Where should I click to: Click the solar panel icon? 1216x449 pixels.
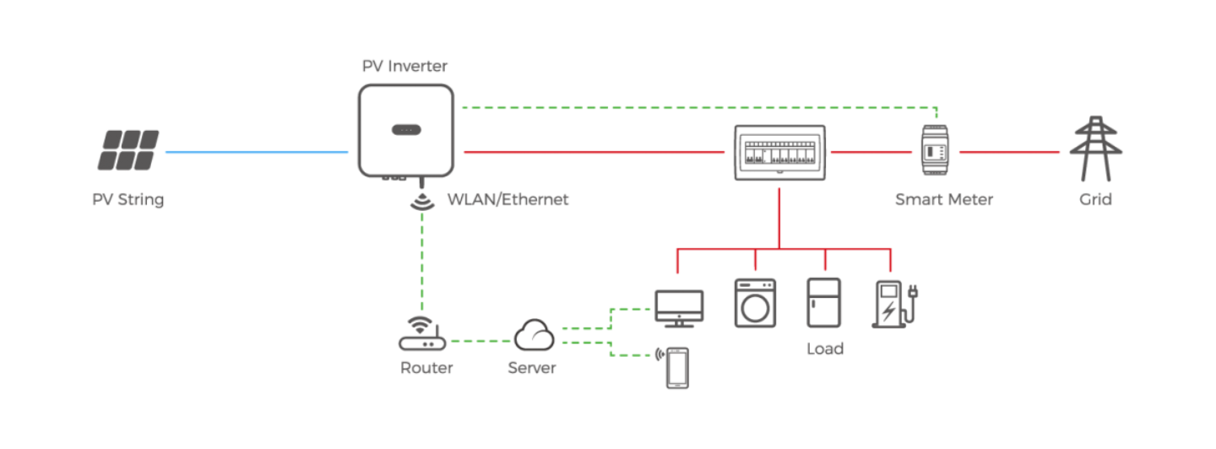[128, 150]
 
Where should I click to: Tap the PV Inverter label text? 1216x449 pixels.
[404, 66]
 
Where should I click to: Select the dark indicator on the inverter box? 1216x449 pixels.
[406, 130]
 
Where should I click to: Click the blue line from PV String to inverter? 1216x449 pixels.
[256, 152]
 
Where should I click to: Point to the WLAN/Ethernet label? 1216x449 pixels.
[508, 199]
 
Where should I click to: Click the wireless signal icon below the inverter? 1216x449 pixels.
[422, 201]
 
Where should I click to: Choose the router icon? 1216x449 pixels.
[422, 333]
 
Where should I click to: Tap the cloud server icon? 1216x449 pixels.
[535, 334]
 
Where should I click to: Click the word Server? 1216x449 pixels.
[531, 368]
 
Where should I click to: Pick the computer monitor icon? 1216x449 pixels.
[679, 309]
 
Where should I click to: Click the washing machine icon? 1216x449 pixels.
[755, 303]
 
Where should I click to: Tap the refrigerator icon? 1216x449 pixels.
[823, 303]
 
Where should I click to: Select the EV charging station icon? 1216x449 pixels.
[894, 304]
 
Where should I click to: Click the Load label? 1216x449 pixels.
[824, 349]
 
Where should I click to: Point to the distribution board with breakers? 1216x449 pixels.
[779, 153]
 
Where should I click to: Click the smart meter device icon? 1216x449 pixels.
[935, 150]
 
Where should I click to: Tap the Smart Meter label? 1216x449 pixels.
[944, 199]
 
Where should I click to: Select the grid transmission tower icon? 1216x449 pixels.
[1095, 149]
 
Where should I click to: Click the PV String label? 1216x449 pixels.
[128, 199]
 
